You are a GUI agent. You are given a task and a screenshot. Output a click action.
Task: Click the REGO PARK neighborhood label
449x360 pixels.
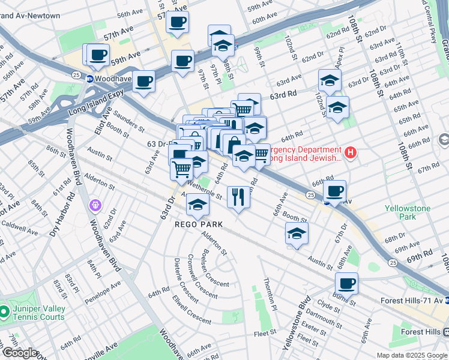[198, 224]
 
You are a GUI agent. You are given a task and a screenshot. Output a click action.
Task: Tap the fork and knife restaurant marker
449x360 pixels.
[238, 196]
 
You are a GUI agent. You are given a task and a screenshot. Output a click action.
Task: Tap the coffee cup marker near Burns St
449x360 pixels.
[346, 284]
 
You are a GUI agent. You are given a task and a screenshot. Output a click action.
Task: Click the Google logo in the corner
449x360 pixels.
[20, 353]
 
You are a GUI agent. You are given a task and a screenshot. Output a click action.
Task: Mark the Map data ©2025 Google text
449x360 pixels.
[411, 355]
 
